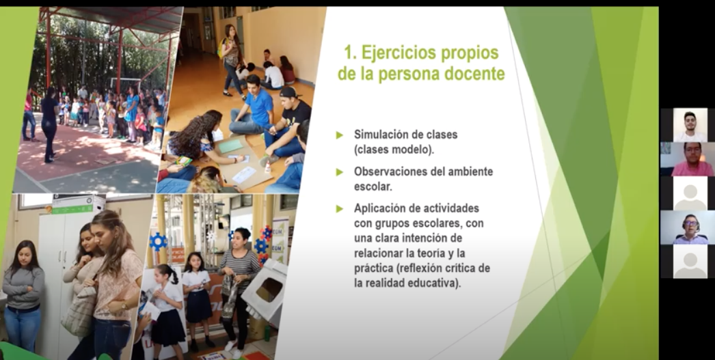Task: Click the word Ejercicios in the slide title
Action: pos(392,54)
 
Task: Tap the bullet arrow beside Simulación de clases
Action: pos(339,135)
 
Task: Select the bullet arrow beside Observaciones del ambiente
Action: pos(339,172)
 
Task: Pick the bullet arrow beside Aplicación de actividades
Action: pos(339,209)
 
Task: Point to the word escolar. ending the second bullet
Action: pos(373,187)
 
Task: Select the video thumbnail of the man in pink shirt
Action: pos(688,159)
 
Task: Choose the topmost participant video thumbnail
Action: pos(690,124)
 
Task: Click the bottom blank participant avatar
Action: pos(690,262)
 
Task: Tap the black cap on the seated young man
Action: pos(290,92)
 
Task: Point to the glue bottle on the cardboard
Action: pos(268,167)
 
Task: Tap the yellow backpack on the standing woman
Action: pos(223,47)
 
